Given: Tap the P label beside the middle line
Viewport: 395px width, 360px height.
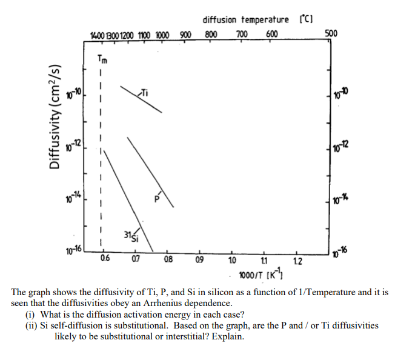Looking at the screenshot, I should click(156, 197).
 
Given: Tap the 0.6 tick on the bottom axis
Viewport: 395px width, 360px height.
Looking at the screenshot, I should click(106, 261).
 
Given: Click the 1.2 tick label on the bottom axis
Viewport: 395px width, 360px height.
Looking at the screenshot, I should click(296, 262).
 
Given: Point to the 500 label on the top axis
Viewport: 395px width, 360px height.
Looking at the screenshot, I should click(331, 33).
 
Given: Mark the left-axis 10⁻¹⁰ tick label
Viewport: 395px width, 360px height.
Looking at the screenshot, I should click(74, 95).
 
